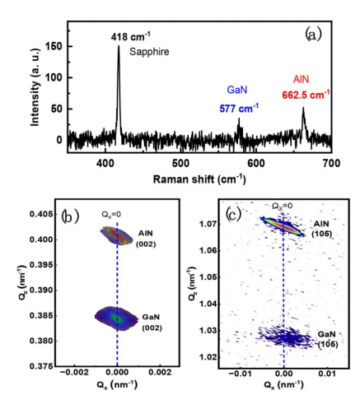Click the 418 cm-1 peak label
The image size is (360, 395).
click(131, 36)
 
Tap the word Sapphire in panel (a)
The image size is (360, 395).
click(149, 52)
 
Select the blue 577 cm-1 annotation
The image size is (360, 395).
click(239, 109)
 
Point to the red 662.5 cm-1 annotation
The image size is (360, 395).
click(306, 95)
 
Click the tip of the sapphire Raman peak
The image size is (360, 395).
click(119, 45)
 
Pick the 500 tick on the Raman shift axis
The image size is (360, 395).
click(180, 164)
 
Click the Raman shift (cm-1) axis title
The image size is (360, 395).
click(199, 179)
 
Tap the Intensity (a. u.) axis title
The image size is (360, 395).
click(35, 88)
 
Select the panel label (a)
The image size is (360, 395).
click(313, 35)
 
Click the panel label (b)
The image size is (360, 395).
click(70, 216)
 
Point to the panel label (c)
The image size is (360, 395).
click(233, 215)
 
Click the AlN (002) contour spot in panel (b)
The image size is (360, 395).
click(115, 235)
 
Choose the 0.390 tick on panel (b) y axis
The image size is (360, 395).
click(40, 290)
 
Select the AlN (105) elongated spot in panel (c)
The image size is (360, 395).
click(283, 226)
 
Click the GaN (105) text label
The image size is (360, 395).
click(327, 339)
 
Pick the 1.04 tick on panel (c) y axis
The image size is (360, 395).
click(207, 304)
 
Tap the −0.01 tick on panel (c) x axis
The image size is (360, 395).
click(238, 374)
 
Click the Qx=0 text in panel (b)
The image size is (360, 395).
click(111, 215)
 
